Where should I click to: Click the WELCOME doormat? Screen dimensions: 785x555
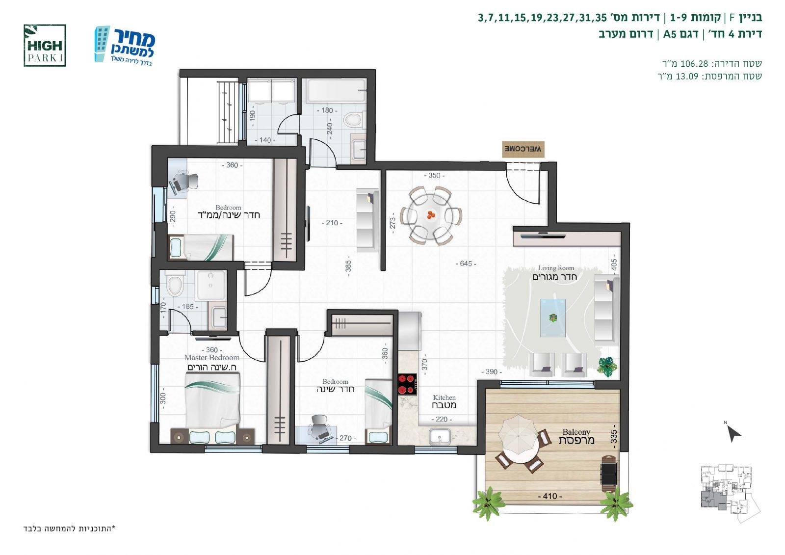[x=523, y=149]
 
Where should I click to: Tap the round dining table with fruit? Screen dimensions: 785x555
[x=431, y=215]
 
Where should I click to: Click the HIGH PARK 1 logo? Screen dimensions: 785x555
[x=45, y=46]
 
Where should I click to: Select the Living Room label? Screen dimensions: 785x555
[x=556, y=268]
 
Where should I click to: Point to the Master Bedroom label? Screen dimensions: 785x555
[x=211, y=358]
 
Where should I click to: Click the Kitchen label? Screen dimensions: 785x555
[x=444, y=397]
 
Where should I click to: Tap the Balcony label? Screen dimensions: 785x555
[x=576, y=432]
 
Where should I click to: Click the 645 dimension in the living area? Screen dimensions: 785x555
[x=466, y=264]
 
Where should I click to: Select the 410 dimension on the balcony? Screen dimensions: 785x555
[x=549, y=496]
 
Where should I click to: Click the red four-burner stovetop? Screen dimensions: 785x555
[x=407, y=384]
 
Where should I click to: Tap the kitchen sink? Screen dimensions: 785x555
[x=440, y=437]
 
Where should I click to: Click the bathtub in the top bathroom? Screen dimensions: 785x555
[x=336, y=90]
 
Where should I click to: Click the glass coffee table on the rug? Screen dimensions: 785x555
[x=553, y=317]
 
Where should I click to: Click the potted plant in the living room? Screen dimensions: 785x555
[x=607, y=367]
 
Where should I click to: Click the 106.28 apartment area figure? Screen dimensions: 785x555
[x=694, y=64]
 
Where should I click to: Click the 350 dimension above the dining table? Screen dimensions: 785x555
[x=434, y=175]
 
